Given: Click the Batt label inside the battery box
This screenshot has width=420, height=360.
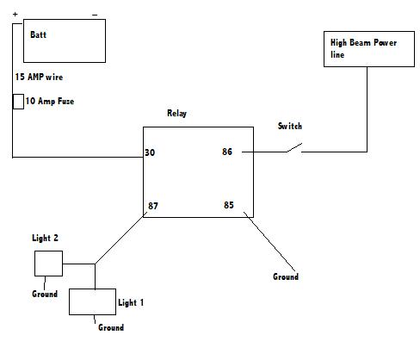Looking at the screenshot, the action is (38, 34).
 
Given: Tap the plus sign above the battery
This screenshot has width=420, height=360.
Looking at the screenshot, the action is (15, 14).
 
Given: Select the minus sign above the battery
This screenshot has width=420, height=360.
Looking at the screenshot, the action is (95, 15).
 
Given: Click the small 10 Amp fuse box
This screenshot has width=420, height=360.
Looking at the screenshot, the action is (18, 102).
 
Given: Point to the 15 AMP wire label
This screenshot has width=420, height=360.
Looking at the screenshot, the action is (39, 77).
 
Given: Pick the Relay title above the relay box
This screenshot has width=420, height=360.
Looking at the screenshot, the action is (176, 113).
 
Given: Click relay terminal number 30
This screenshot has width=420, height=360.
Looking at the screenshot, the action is (150, 152).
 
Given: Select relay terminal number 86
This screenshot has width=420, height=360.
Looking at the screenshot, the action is (227, 152).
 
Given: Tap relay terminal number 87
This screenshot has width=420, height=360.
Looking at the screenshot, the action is (153, 206).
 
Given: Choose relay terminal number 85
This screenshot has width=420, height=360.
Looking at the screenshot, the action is (229, 205).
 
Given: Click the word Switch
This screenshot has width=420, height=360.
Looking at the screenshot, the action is (290, 126).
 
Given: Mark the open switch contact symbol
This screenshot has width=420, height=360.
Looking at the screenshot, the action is (294, 147).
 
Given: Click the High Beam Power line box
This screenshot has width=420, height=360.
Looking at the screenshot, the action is (369, 49).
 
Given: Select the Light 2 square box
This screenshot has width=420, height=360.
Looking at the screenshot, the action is (48, 264).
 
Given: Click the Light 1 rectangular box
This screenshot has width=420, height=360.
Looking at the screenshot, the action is (92, 301).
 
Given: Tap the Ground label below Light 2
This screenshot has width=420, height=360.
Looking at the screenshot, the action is (45, 294).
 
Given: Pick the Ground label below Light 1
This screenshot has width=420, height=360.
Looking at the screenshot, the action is (111, 327).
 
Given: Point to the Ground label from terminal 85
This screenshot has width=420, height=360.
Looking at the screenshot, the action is (286, 276).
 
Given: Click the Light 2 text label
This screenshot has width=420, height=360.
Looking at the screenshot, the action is (45, 238).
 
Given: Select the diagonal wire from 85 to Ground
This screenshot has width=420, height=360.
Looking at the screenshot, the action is (269, 241).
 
